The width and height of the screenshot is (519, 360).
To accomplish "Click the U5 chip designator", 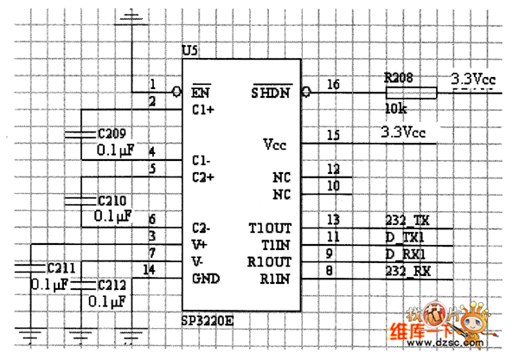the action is pos(190,50).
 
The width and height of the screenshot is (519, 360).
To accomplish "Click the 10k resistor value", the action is pos(395,109).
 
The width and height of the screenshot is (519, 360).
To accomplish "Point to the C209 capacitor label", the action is pos(111,134).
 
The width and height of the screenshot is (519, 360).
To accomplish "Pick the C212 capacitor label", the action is pos(112,284).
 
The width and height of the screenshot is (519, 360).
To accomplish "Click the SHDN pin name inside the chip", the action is pos(270,92).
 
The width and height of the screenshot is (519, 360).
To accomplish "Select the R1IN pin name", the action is pos(274,278).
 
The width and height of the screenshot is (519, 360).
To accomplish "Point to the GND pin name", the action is pos(206,278).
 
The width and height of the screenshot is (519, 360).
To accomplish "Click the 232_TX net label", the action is pos(407,220).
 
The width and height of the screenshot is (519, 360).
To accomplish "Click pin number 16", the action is pos(333,84).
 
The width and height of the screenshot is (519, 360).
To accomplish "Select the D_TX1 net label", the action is pos(407,236).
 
